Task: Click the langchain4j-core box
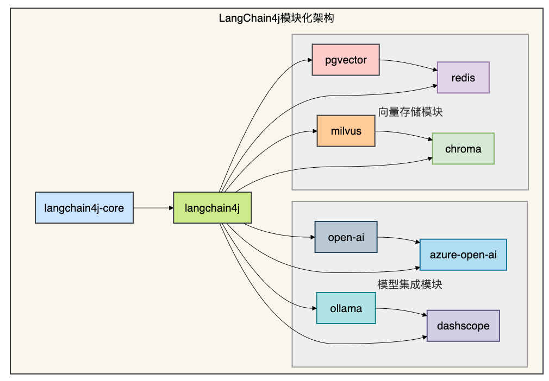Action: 84,208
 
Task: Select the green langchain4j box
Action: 212,208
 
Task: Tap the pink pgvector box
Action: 346,60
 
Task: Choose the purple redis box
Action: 463,78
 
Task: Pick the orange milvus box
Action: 346,131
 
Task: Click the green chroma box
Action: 463,149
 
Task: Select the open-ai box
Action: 346,237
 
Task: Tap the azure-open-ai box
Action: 463,255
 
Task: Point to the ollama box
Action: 346,308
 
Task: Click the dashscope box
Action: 463,326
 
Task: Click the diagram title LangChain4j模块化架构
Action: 276,18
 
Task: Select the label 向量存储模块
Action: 410,112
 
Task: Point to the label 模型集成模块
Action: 410,284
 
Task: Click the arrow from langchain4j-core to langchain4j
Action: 153,208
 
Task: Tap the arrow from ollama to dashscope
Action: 401,311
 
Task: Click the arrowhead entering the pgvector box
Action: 310,60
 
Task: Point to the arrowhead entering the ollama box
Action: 314,308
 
